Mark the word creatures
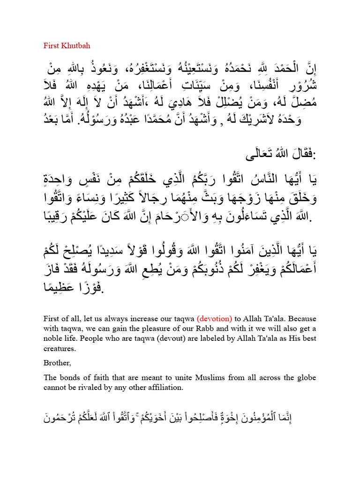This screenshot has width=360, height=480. pyautogui.click(x=60, y=349)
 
